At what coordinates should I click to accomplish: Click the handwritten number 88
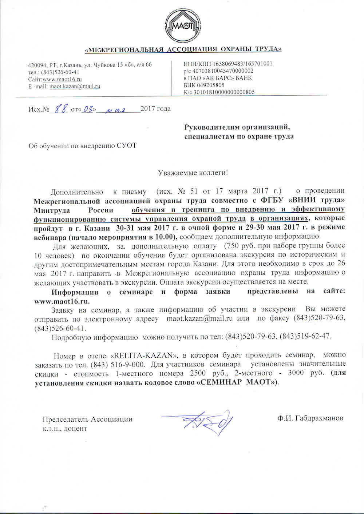[60, 108]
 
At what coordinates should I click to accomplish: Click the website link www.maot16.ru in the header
[62, 79]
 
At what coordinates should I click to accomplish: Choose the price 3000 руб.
[304, 373]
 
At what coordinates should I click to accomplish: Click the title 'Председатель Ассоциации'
[87, 419]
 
